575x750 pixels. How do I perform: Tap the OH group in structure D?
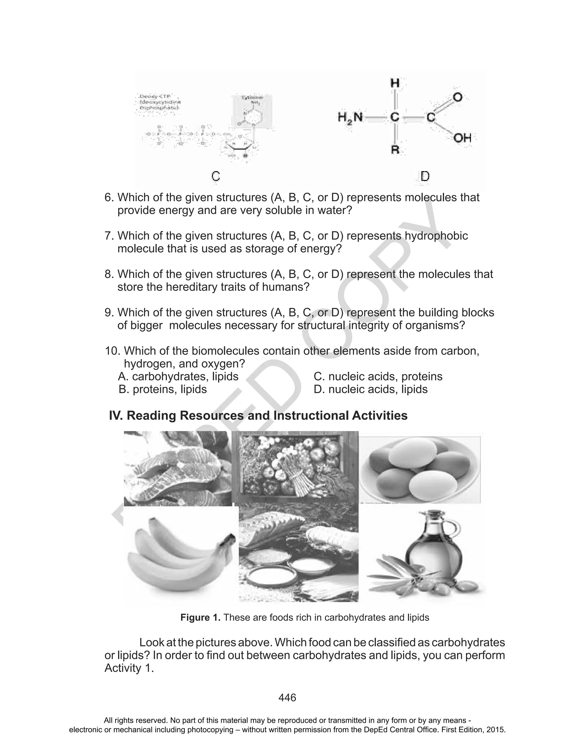point(462,138)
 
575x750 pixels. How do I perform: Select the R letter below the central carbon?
point(395,150)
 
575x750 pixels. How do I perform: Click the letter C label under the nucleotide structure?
point(215,176)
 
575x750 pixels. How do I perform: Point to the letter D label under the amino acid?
point(425,177)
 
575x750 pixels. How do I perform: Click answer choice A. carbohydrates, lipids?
point(178,376)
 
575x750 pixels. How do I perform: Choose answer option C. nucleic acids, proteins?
point(378,376)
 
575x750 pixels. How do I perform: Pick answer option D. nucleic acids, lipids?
point(371,389)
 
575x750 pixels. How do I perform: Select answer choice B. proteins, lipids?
point(163,389)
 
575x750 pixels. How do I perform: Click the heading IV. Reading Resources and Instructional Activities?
point(258,415)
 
